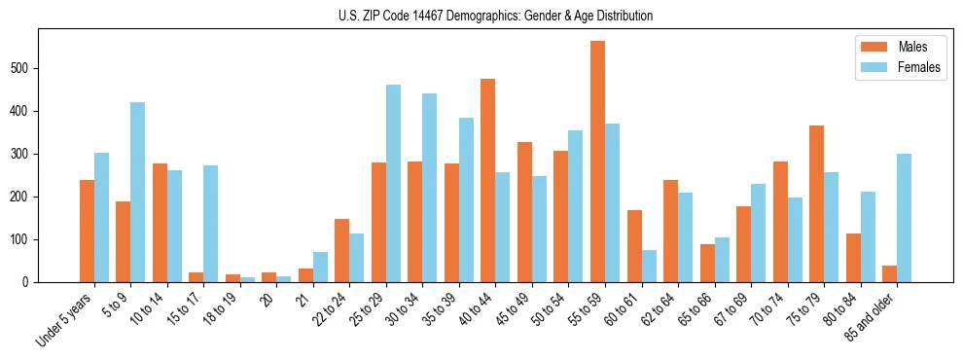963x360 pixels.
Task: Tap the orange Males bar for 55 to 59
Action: [x=597, y=162]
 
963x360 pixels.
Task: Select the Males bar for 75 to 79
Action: [x=816, y=204]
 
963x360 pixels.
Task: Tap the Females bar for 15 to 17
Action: [x=211, y=224]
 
